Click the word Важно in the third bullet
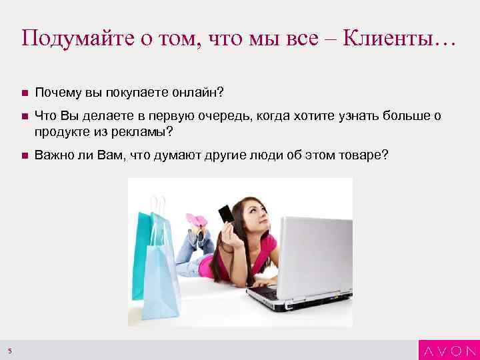coord(54,155)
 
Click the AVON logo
coord(449,350)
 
